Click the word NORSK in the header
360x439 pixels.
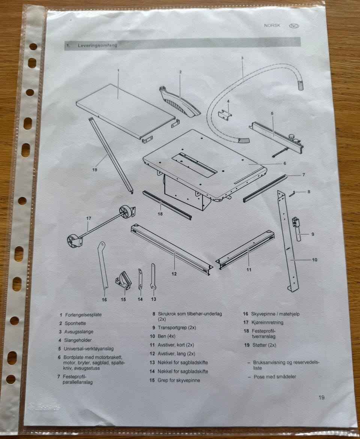[272, 25]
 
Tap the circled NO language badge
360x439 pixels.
[294, 26]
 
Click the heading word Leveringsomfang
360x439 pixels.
[97, 45]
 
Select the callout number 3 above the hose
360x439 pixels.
[242, 58]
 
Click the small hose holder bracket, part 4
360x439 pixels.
[225, 115]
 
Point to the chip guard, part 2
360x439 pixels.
[179, 103]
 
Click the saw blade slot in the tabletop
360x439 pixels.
[194, 165]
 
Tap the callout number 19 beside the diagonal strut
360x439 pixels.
[95, 170]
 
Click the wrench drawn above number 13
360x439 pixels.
[153, 277]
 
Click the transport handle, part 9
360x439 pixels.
[297, 228]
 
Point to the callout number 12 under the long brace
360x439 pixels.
[174, 274]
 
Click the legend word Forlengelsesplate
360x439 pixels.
[84, 315]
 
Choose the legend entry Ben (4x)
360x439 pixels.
[166, 336]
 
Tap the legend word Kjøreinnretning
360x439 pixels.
[267, 322]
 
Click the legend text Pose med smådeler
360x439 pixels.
[275, 377]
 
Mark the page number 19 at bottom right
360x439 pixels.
[321, 397]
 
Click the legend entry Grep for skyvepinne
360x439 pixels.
[179, 380]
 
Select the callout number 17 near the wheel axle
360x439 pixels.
[88, 218]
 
